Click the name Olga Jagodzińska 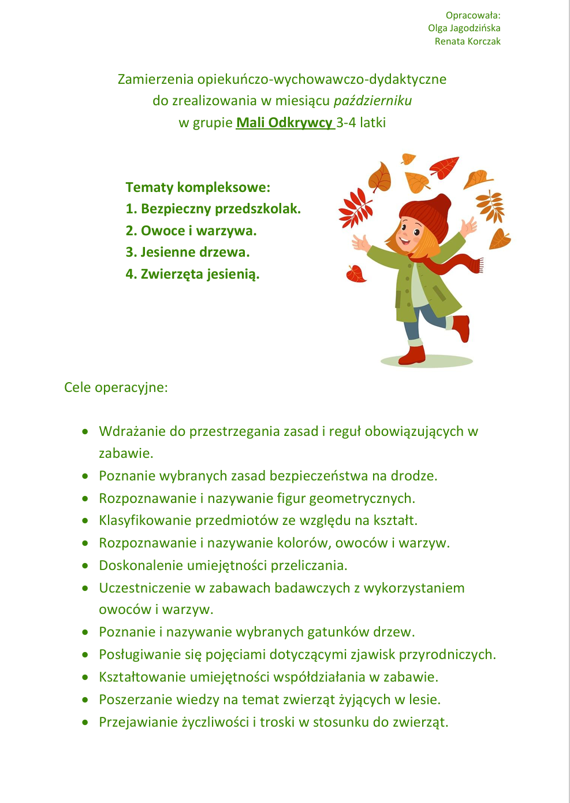[x=464, y=28]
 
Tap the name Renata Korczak [x=467, y=41]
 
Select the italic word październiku [x=372, y=101]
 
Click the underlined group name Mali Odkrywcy [x=284, y=123]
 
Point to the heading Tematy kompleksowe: [x=198, y=187]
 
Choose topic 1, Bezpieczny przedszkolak [x=213, y=209]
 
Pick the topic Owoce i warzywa [x=191, y=231]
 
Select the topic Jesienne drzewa [x=188, y=252]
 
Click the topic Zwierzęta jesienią [x=192, y=274]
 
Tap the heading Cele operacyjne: [x=116, y=387]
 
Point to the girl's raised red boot [x=461, y=327]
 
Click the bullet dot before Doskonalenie [x=85, y=565]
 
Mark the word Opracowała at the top [x=472, y=15]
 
